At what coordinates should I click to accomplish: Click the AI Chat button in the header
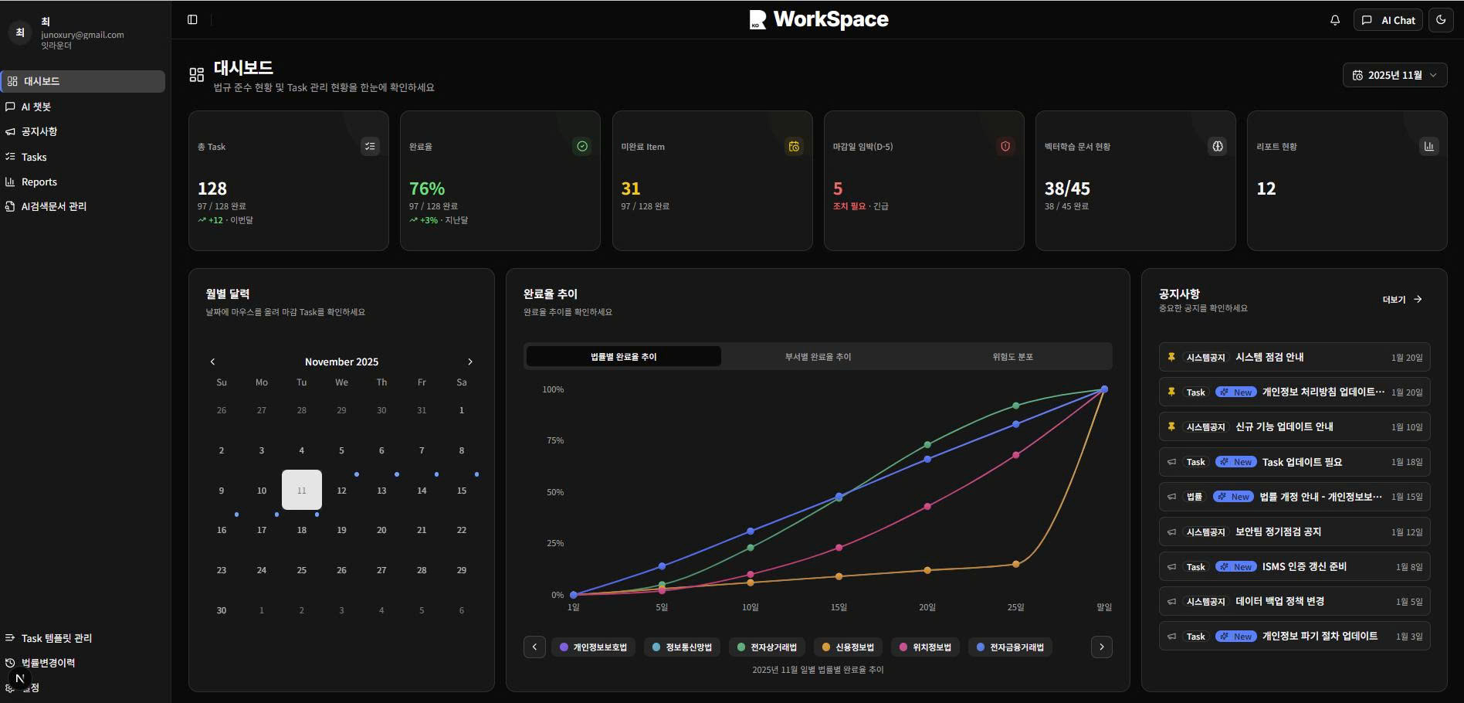coord(1389,20)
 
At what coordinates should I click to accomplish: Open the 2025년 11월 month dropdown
coord(1395,75)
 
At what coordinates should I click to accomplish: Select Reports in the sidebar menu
coord(39,182)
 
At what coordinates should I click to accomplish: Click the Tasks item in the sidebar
coord(34,157)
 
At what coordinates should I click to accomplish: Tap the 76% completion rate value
coord(427,188)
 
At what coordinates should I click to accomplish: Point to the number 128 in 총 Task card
coord(212,188)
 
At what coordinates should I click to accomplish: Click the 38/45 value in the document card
coord(1067,188)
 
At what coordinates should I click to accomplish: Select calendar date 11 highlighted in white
coord(301,490)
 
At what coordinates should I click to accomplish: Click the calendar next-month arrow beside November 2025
coord(469,362)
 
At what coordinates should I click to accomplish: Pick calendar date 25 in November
coord(301,570)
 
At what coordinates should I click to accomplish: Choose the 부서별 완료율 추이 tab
coord(818,357)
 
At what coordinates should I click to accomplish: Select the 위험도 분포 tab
coord(1012,357)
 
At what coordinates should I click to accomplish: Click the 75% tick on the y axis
coord(554,440)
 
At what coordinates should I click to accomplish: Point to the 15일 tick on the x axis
coord(839,607)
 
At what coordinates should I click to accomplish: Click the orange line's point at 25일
coord(1015,564)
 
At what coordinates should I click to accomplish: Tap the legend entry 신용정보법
coord(848,647)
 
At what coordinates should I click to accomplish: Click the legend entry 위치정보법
coord(925,647)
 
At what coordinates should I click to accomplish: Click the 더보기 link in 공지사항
coord(1401,300)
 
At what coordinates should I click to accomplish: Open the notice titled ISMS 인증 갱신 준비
coord(1304,566)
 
